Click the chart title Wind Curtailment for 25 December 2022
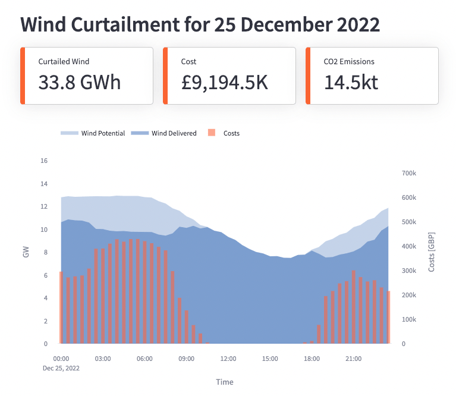(x=200, y=25)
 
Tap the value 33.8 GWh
(x=80, y=83)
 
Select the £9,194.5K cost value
(x=225, y=83)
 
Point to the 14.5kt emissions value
(x=351, y=83)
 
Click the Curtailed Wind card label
(x=64, y=61)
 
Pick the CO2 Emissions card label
(x=349, y=61)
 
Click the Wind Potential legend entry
(x=93, y=133)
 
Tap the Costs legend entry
(x=225, y=133)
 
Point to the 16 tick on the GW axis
(x=43, y=161)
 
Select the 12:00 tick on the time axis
(x=228, y=359)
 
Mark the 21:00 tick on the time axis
(x=353, y=359)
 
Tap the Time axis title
(x=225, y=382)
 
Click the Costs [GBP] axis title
(x=432, y=253)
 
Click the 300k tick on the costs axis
(x=410, y=271)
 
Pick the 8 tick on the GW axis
(x=43, y=252)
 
